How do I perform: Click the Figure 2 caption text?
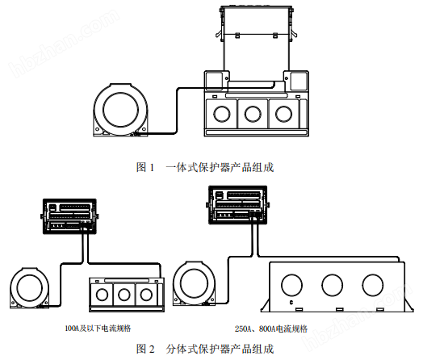click(x=211, y=349)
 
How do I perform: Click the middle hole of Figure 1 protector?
click(x=253, y=113)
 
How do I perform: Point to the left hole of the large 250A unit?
click(x=290, y=285)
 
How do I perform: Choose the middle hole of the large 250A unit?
click(x=332, y=285)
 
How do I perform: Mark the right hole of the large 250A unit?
click(x=373, y=285)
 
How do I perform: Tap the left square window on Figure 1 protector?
click(x=213, y=81)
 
